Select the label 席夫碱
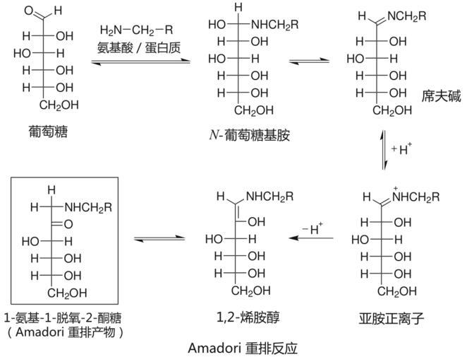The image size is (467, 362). click(x=444, y=95)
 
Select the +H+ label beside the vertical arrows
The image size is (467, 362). click(x=401, y=148)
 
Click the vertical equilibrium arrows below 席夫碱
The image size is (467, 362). click(x=384, y=149)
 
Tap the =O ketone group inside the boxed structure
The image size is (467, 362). click(x=66, y=223)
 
